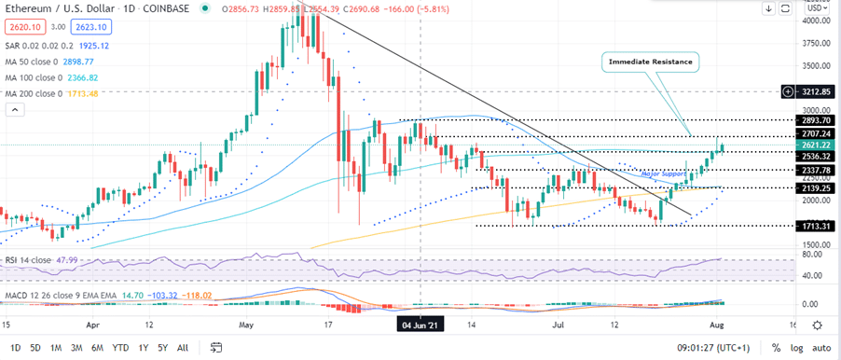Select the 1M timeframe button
(57, 347)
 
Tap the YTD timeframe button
(119, 347)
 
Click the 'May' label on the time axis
(247, 325)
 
